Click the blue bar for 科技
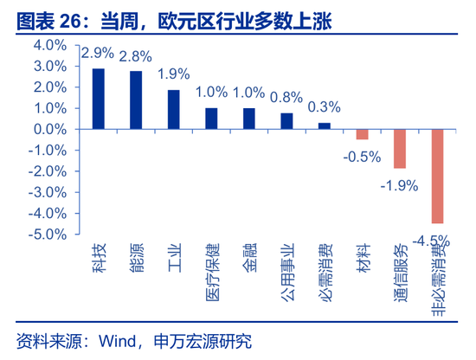pos(99,99)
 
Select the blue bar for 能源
pos(136,100)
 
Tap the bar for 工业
pos(173,109)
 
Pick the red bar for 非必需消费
pos(437,176)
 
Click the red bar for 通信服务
pos(400,148)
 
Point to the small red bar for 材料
pos(362,134)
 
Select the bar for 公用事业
pos(286,120)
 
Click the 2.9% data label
pos(97,54)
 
